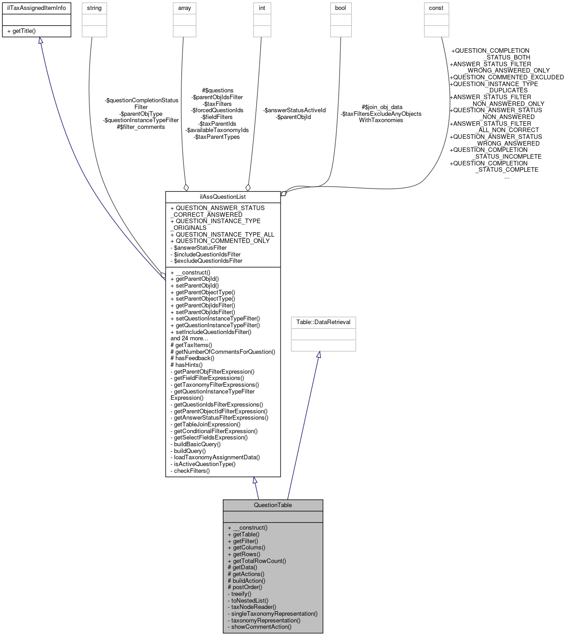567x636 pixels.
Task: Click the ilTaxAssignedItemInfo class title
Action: coord(37,8)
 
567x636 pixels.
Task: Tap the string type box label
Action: coord(94,8)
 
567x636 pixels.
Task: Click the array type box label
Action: coord(184,8)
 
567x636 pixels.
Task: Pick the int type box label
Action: coord(262,8)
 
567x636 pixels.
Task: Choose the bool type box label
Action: coord(341,8)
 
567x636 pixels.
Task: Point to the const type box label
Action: coord(436,8)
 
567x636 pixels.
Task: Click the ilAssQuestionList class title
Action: coord(223,197)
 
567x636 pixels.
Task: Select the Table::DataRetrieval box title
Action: coord(323,322)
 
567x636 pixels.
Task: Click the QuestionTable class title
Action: coord(273,505)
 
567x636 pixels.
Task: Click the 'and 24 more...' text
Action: coord(189,338)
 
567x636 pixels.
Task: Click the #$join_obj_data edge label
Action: coord(382,107)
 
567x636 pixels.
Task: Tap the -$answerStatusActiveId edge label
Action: coord(294,110)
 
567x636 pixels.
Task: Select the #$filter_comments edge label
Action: coord(141,127)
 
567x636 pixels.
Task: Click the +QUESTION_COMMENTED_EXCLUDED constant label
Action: coord(507,77)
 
